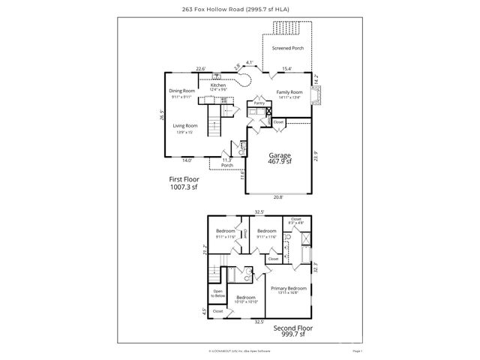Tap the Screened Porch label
(287, 48)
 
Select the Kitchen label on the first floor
(217, 85)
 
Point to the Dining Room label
(181, 91)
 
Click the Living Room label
(184, 126)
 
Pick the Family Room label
(289, 91)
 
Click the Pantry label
(259, 102)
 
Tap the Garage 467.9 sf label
(279, 158)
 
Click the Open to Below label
(218, 292)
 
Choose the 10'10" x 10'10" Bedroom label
(246, 299)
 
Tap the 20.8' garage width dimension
(278, 197)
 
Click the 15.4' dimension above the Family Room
(286, 69)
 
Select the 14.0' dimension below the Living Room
(187, 160)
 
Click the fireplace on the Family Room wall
(318, 95)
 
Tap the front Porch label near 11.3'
(226, 165)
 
